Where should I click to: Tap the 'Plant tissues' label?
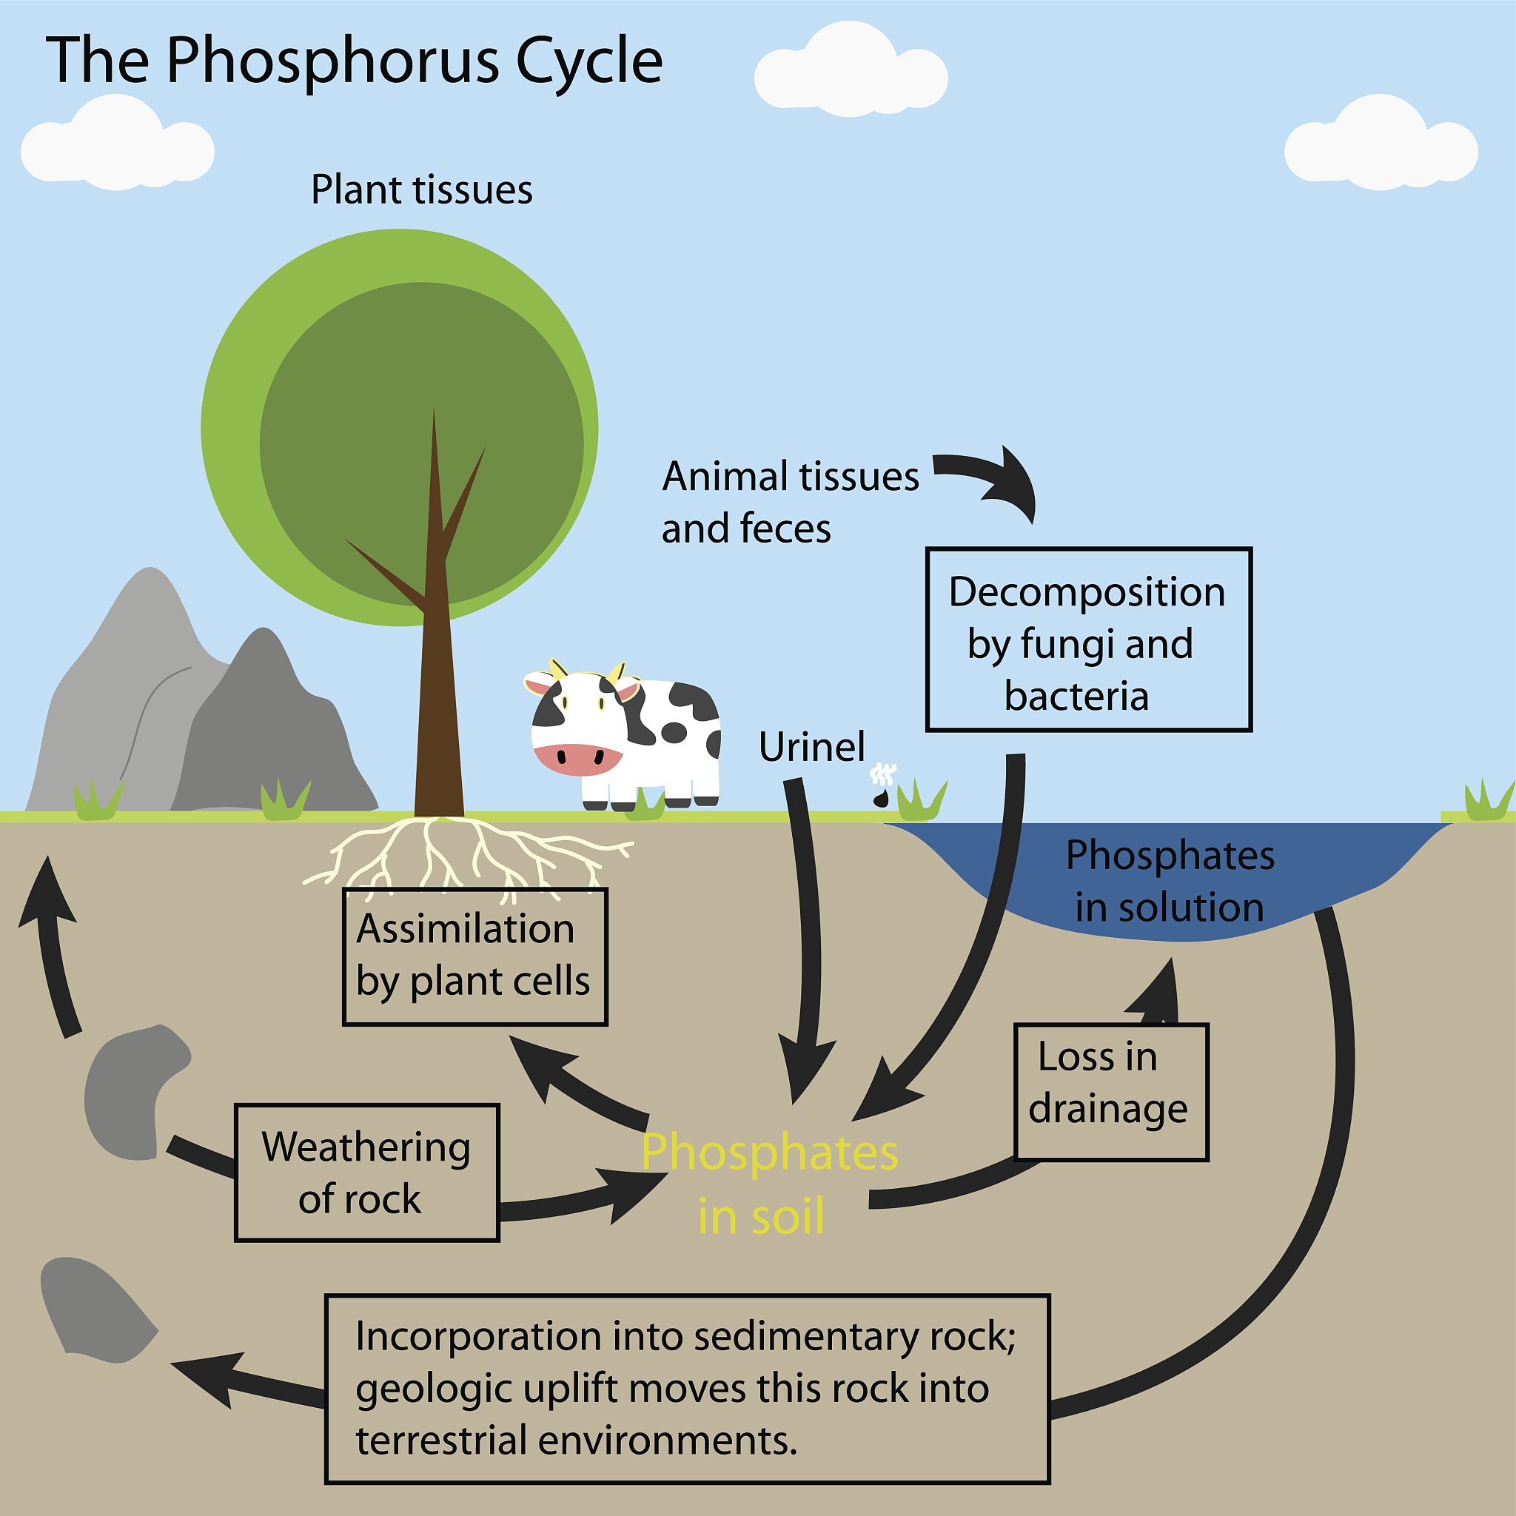tap(421, 190)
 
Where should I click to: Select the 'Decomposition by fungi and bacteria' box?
tap(1088, 640)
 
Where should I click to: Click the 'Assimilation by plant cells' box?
tap(474, 956)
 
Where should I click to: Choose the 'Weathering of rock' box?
tap(366, 1173)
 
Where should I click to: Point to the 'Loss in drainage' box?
tap(1110, 1090)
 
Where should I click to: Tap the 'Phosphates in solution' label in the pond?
tap(1169, 880)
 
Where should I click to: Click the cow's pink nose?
tap(577, 758)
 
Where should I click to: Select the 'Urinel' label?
tap(811, 746)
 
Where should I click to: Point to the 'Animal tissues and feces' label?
tap(788, 502)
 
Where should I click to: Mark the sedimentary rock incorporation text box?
tap(687, 1389)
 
